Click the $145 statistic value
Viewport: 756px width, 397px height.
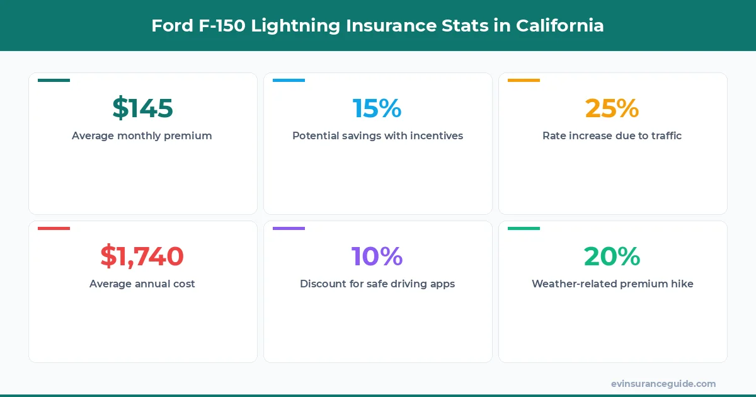coord(142,108)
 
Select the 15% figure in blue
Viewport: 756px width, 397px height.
coord(377,108)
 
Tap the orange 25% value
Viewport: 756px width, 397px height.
coord(612,108)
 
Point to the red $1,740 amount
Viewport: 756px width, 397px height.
coord(142,256)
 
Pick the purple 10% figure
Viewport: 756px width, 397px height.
coord(377,256)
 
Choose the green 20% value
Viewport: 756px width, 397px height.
coord(612,256)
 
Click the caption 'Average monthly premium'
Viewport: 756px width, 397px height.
coord(142,135)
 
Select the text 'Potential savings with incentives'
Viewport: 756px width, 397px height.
coord(377,135)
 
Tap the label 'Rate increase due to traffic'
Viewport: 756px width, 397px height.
coord(612,135)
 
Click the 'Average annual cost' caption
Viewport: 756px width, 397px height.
coord(142,284)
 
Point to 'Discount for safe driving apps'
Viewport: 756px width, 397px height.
coord(377,284)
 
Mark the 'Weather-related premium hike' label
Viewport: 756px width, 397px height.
coord(612,284)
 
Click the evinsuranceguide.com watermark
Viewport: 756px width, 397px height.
coord(663,384)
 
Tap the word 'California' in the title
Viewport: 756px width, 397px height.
coord(560,26)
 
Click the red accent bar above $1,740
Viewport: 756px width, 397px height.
coord(54,228)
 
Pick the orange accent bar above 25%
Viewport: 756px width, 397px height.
coord(524,80)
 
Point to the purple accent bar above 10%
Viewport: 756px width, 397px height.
coord(289,228)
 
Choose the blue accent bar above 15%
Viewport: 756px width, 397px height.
coord(289,80)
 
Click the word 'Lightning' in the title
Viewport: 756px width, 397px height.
coord(293,26)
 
